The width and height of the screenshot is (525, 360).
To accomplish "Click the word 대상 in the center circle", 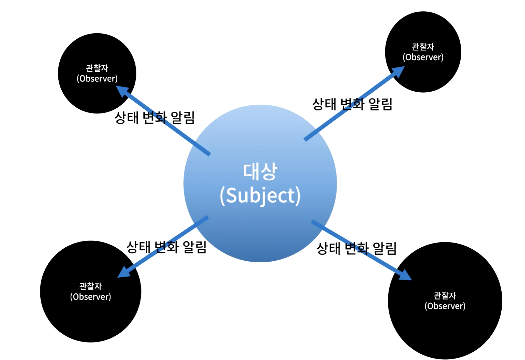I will click(x=260, y=171).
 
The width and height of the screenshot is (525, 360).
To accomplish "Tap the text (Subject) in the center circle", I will click(x=260, y=196).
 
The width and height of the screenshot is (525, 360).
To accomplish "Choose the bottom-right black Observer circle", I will click(x=445, y=330).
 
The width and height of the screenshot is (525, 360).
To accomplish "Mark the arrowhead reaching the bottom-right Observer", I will click(x=406, y=275).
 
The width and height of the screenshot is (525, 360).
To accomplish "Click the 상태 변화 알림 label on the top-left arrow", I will click(x=154, y=118).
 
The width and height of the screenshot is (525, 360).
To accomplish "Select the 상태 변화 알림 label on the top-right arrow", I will click(x=352, y=104).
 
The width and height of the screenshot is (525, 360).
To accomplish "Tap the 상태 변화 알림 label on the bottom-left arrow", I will click(x=166, y=247).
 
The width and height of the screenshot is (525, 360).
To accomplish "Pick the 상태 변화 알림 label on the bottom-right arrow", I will click(x=356, y=248).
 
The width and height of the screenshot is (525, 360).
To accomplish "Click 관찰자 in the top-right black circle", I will click(x=423, y=47).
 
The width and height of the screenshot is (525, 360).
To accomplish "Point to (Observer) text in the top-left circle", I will click(x=97, y=79).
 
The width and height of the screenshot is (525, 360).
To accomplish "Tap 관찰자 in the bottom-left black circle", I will click(x=90, y=286).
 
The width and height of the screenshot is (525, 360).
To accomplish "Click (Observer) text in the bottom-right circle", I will click(x=445, y=306).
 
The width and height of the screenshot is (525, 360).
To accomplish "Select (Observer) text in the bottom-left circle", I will click(x=90, y=297).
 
